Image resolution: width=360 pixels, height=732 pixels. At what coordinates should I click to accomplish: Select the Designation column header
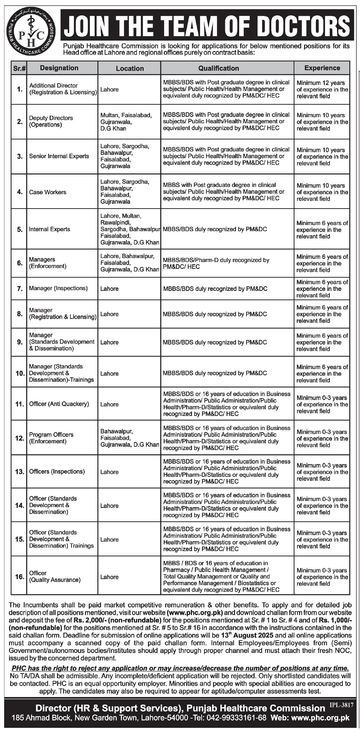59,68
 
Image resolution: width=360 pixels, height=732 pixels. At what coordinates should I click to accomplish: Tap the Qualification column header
218,68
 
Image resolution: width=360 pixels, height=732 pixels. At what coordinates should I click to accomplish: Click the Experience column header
322,68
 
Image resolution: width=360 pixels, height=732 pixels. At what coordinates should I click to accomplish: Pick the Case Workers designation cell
48,192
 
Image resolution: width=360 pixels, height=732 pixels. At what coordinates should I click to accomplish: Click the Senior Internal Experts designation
59,156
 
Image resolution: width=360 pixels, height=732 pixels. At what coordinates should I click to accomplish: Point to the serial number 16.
20,577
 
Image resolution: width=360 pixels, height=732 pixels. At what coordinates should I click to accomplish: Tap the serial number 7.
20,289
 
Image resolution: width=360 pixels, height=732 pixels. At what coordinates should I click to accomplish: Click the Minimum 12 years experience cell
322,90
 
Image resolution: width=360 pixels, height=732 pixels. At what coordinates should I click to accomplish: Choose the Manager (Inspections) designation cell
58,288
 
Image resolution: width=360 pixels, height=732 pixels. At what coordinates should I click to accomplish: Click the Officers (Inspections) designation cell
57,471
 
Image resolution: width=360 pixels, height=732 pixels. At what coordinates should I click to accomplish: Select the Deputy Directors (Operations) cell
51,121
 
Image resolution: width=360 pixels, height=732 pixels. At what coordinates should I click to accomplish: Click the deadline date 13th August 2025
247,635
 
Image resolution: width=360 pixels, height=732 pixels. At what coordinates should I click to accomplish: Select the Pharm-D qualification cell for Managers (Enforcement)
216,263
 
